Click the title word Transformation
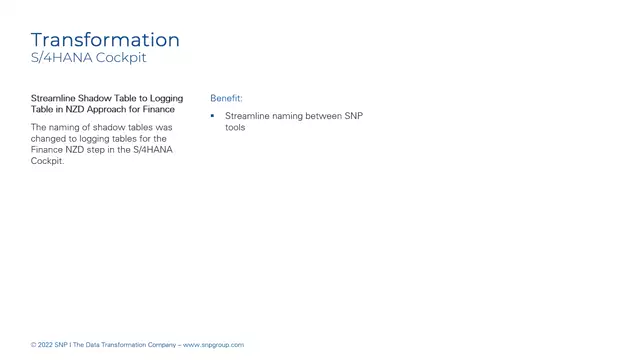[x=105, y=40]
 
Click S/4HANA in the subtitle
[x=62, y=58]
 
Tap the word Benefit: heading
[x=226, y=98]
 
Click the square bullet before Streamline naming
[x=213, y=116]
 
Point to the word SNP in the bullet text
[x=354, y=116]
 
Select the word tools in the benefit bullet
[x=235, y=127]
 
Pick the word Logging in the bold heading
[x=165, y=98]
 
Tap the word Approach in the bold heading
[x=111, y=108]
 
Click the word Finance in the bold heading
[x=159, y=108]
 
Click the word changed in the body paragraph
[x=48, y=138]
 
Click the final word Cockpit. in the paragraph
[x=47, y=160]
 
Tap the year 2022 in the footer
[x=47, y=345]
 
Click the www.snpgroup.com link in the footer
[x=213, y=345]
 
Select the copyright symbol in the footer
[x=33, y=345]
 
